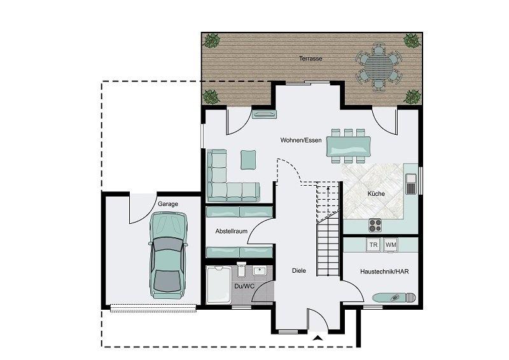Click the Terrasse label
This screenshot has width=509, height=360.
(310, 59)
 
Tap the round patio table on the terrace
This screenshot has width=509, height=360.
(378, 67)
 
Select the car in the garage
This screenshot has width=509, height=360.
(168, 255)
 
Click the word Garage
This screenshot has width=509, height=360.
(168, 204)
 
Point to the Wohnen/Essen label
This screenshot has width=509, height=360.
(301, 140)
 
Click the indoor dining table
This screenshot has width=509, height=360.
(348, 146)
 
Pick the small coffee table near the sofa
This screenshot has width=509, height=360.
(248, 160)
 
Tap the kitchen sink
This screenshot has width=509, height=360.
(411, 184)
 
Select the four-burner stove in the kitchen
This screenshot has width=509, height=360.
(375, 225)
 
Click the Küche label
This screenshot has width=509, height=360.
(376, 194)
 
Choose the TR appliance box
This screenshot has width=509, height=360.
(373, 245)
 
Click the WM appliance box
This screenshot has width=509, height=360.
(391, 245)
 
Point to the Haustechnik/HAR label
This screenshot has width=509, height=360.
(384, 272)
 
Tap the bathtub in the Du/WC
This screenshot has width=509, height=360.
(219, 284)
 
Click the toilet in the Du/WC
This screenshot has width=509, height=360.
(242, 270)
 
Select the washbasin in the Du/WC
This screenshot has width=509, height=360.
(260, 270)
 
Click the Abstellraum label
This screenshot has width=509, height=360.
(231, 231)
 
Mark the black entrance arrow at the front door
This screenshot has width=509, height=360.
(318, 338)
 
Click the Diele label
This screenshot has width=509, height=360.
(298, 271)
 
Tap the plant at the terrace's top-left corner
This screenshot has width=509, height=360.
(212, 41)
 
